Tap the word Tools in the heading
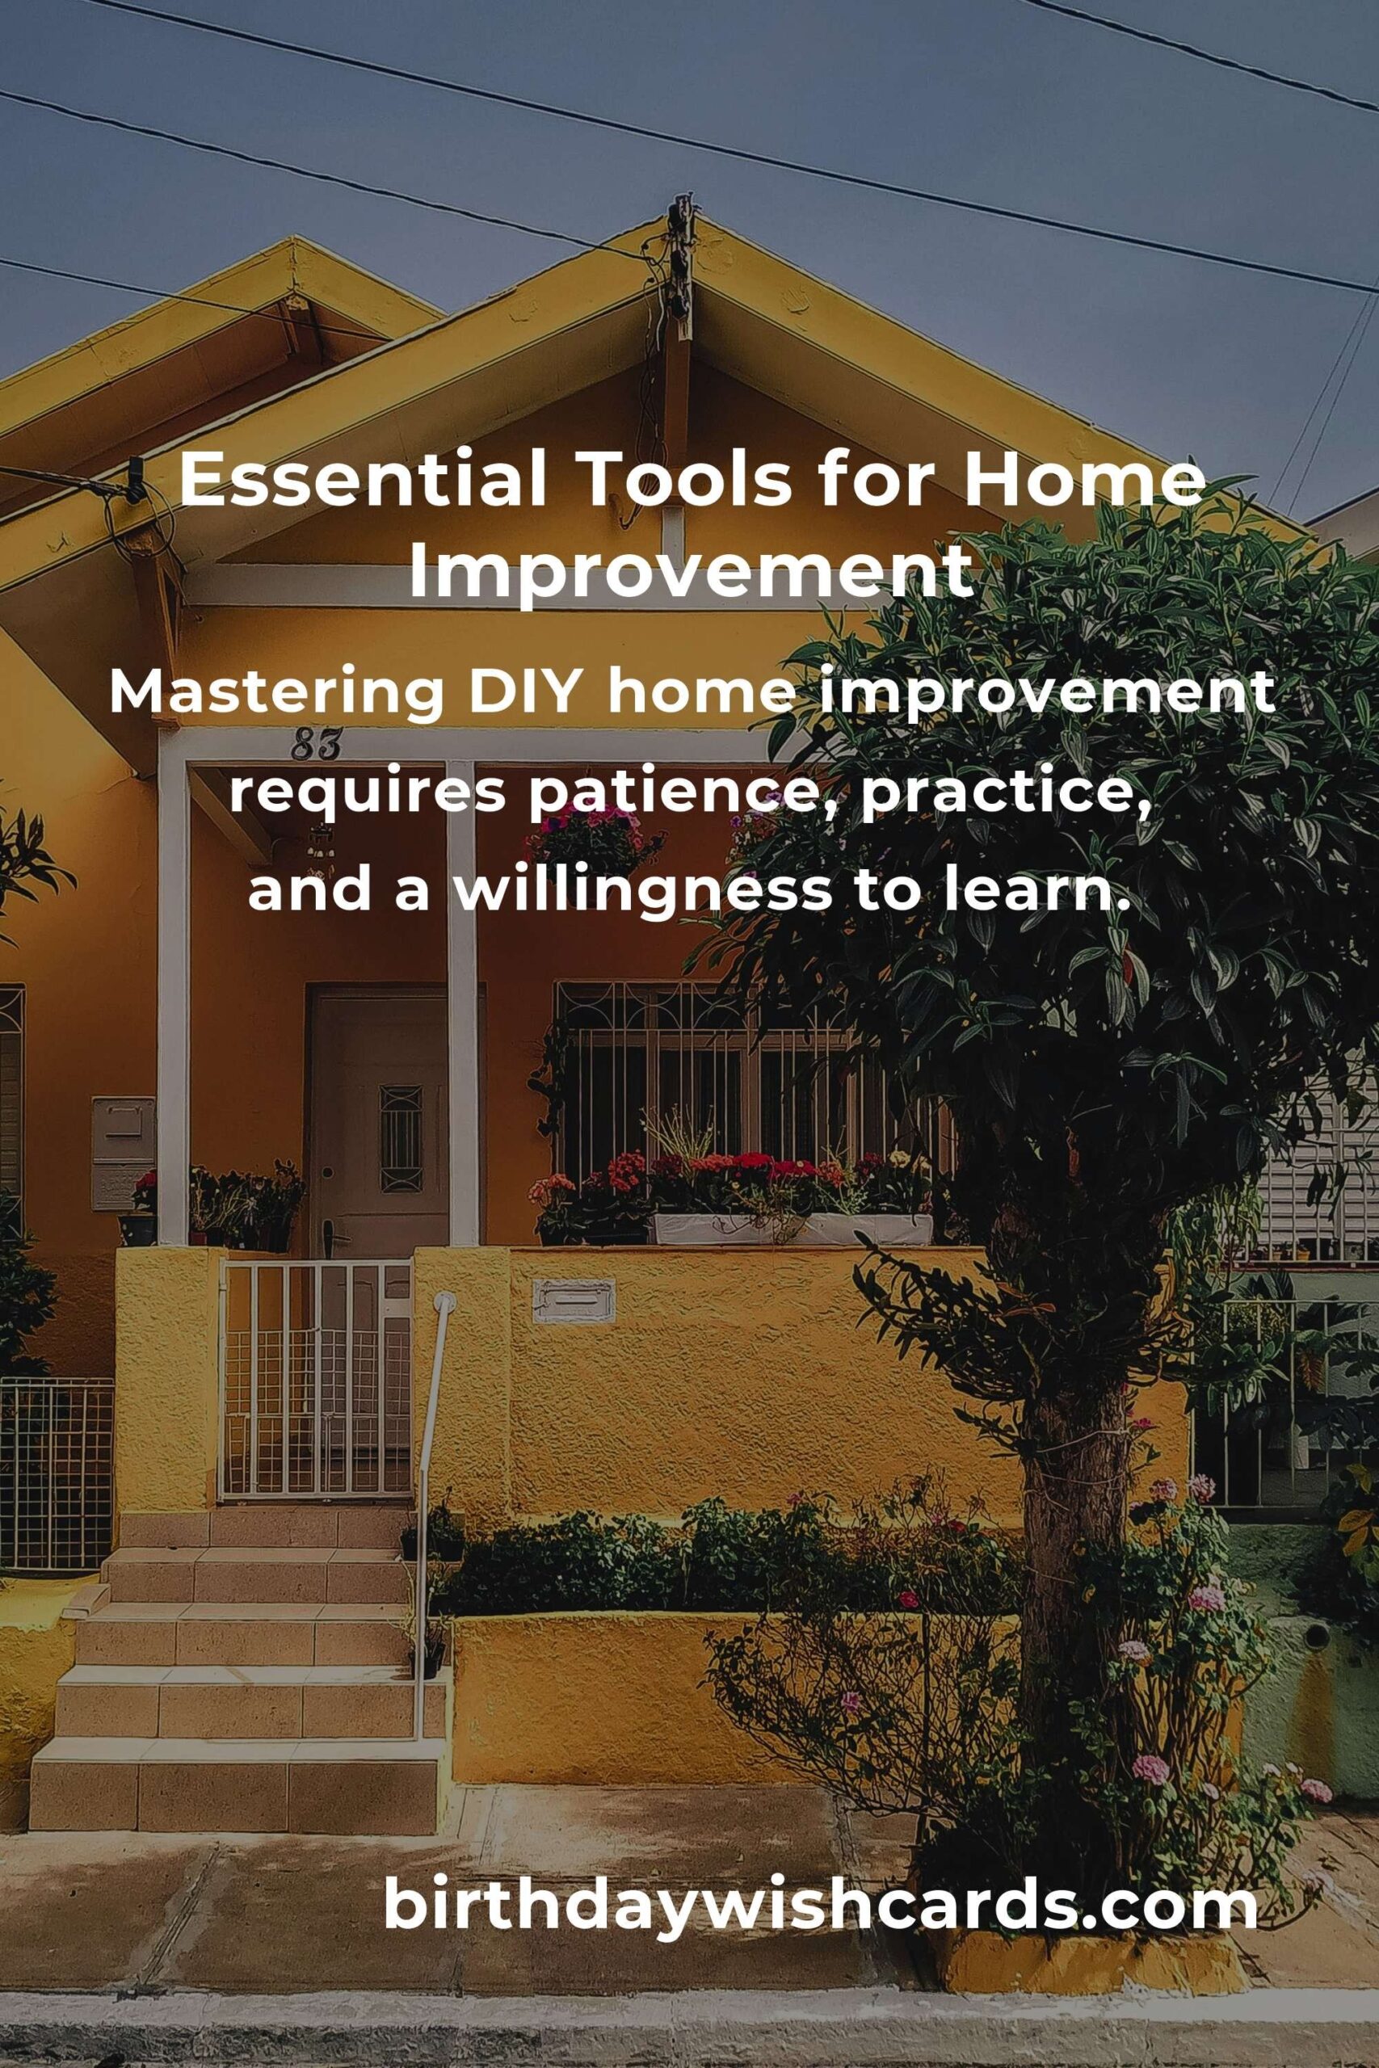click(683, 480)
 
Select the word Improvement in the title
click(692, 571)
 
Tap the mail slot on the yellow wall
click(574, 1301)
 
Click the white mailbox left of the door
click(123, 1151)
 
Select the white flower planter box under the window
click(792, 1229)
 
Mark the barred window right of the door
click(704, 1086)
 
